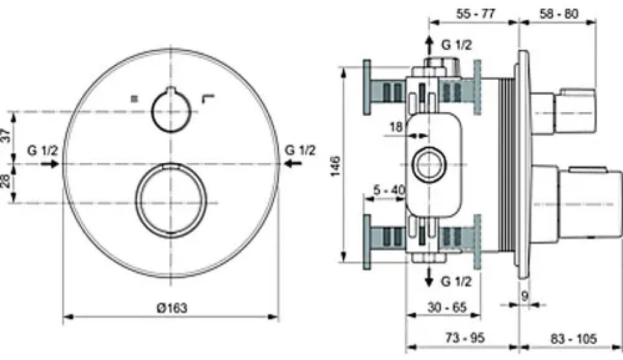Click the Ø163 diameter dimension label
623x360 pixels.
(x=172, y=307)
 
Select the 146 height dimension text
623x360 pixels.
(x=336, y=166)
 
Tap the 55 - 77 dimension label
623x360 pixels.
(x=475, y=14)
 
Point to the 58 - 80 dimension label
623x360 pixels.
(x=559, y=14)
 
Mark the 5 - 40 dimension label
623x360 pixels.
(x=390, y=190)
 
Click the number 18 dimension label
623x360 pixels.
(x=396, y=127)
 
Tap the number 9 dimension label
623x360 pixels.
(x=525, y=296)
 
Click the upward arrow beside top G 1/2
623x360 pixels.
(x=429, y=45)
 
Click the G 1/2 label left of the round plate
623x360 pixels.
(x=43, y=150)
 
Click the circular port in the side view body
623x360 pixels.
(x=430, y=164)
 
